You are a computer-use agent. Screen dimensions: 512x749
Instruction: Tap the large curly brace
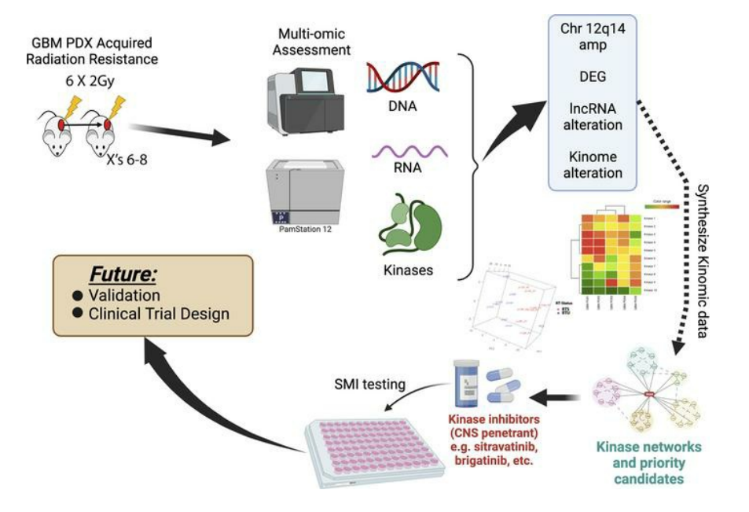tap(473, 162)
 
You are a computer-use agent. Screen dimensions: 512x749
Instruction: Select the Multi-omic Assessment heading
tap(306, 42)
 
